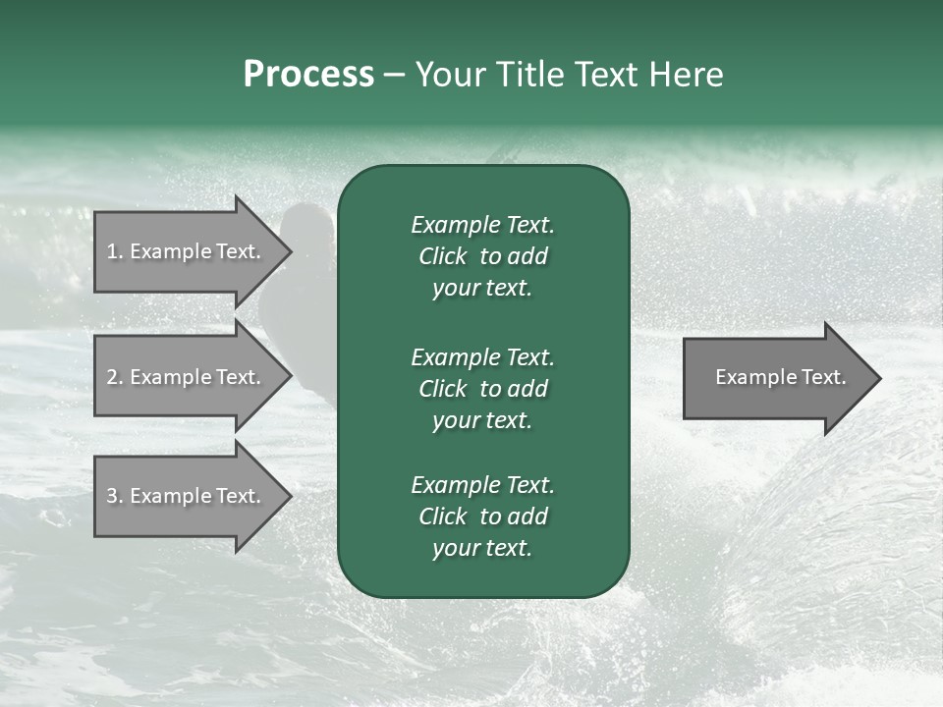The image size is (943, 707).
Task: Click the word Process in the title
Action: point(308,75)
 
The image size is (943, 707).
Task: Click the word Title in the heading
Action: point(531,75)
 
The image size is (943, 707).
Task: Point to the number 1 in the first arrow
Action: point(112,251)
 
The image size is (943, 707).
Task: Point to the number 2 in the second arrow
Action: point(112,377)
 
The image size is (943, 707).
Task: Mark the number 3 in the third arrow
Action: point(112,496)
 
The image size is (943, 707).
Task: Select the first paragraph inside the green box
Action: point(482,256)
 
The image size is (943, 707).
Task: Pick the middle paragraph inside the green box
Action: point(482,388)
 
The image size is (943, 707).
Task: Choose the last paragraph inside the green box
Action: point(482,517)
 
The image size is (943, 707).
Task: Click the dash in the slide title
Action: point(394,76)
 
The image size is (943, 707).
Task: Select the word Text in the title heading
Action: point(608,75)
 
